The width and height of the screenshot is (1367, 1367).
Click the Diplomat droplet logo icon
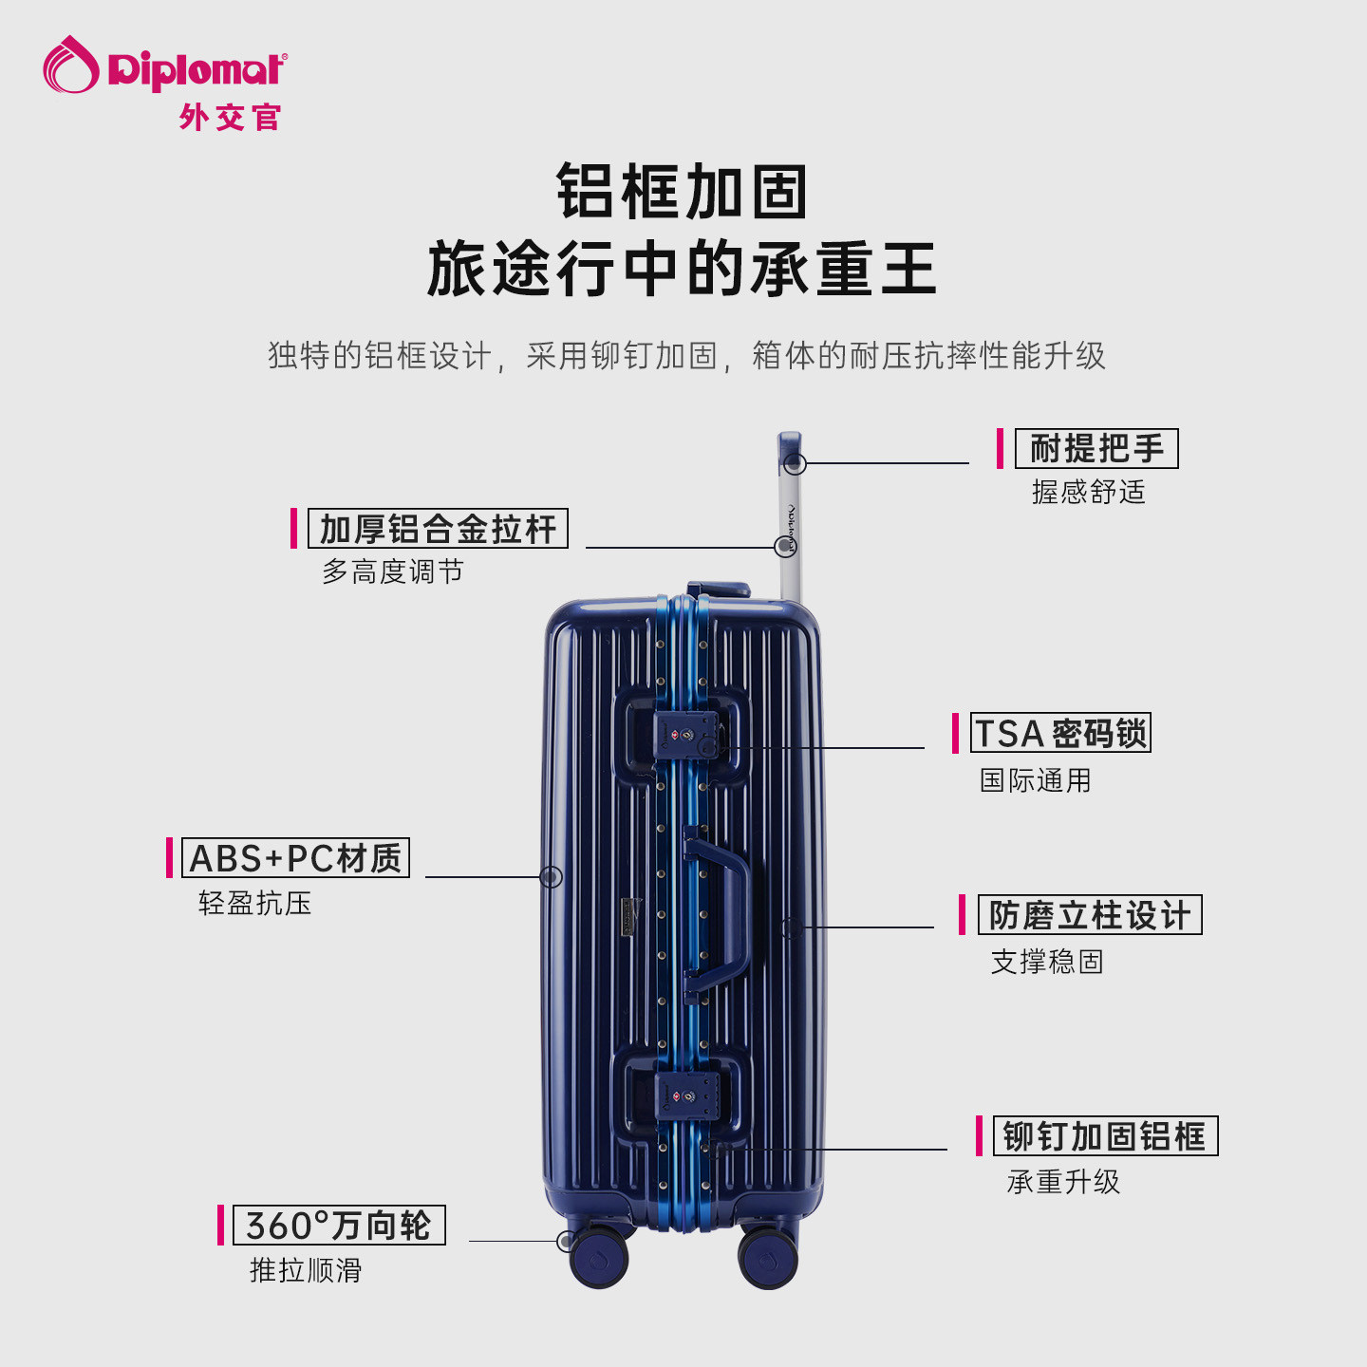pos(71,65)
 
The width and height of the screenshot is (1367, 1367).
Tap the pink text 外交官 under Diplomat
pos(230,118)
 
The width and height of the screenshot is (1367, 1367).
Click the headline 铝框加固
pos(682,192)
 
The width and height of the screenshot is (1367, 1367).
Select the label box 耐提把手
pos(1096,448)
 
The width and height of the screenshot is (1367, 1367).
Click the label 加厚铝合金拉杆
pos(438,529)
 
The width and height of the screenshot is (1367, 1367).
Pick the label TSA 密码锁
pos(1060,733)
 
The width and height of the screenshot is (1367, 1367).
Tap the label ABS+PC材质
pos(295,858)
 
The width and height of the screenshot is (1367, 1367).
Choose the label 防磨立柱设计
pos(1090,915)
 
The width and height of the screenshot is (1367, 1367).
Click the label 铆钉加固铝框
pos(1105,1136)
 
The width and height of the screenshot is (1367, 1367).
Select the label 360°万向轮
pos(339,1226)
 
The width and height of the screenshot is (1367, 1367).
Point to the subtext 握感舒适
pos(1089,492)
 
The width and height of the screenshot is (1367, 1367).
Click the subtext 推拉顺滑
pos(306,1270)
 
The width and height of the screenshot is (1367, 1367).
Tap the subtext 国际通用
pos(1036,780)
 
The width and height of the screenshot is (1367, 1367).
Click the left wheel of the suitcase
pos(599,1257)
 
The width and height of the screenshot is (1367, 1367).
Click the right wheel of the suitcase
pos(768,1257)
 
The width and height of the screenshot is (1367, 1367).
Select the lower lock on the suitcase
pos(686,1096)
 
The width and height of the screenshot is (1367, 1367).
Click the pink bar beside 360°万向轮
pos(220,1226)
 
